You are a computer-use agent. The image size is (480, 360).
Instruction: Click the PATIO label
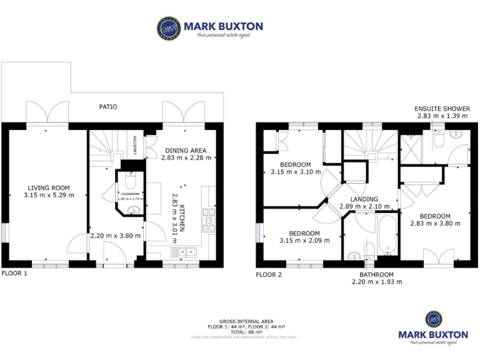coord(107,107)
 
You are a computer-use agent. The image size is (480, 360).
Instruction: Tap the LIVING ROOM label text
coord(48,187)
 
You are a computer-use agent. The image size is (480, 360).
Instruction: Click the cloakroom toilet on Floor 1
coord(131,181)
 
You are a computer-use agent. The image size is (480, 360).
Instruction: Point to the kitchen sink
coord(184,252)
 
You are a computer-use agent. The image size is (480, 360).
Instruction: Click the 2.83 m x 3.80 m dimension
coord(435,223)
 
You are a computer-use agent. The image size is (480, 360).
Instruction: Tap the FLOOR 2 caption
coord(269,274)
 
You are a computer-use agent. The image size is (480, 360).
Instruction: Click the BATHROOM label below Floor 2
coord(376,274)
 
